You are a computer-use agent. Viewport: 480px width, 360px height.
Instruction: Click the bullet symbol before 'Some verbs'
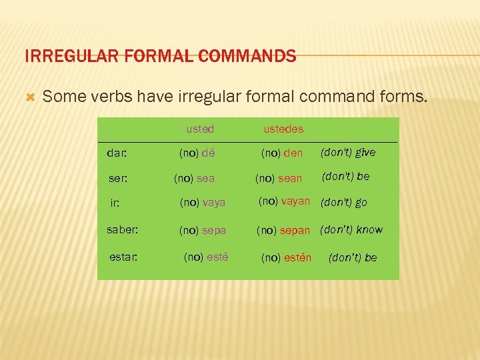(x=29, y=97)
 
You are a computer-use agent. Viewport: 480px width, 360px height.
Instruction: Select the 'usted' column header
(x=200, y=128)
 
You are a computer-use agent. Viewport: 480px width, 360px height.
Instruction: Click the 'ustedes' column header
(x=283, y=128)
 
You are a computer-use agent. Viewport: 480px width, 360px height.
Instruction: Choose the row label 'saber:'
(x=123, y=230)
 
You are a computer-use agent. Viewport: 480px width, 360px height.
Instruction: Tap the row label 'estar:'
(x=124, y=257)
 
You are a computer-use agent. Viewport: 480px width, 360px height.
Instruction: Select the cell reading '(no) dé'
(x=198, y=153)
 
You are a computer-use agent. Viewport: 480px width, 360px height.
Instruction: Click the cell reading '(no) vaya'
(x=203, y=202)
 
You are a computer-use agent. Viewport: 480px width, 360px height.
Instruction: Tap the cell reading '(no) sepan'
(x=284, y=231)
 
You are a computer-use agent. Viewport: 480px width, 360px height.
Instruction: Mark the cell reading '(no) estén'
(x=286, y=257)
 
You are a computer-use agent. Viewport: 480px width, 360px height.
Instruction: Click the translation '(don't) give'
(x=348, y=153)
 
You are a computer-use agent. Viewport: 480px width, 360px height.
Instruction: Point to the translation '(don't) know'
(x=351, y=230)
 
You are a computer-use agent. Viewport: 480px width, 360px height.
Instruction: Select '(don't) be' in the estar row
(x=353, y=257)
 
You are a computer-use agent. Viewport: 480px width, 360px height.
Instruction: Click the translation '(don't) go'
(x=344, y=202)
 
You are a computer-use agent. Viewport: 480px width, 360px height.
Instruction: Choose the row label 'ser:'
(x=118, y=179)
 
